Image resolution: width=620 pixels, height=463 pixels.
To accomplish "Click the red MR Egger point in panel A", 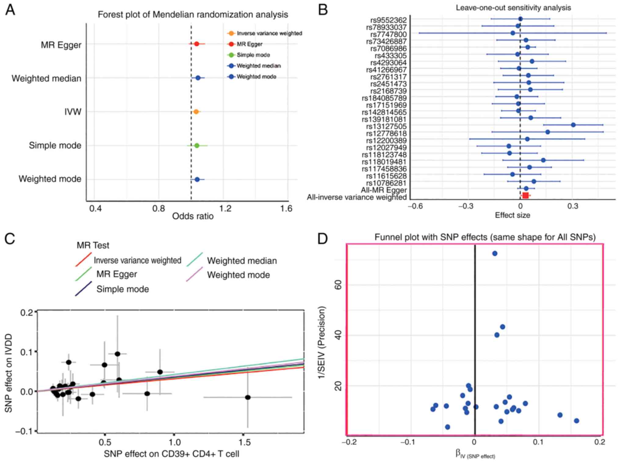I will pyautogui.click(x=196, y=44).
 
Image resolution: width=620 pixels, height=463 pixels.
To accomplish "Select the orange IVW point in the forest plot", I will pyautogui.click(x=196, y=112).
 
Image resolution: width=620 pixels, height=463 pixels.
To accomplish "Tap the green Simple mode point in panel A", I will pyautogui.click(x=196, y=145).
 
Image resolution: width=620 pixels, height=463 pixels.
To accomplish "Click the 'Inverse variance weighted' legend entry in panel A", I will pyautogui.click(x=269, y=33).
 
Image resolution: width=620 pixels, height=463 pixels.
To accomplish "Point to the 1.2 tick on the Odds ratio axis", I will pyautogui.click(x=225, y=209).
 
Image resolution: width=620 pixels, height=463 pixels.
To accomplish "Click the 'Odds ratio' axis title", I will pyautogui.click(x=193, y=216).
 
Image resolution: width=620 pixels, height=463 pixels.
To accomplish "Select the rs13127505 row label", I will pyautogui.click(x=386, y=126).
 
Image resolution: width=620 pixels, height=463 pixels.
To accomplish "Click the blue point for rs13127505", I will pyautogui.click(x=573, y=125).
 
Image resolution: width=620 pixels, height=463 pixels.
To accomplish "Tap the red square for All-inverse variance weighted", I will pyautogui.click(x=525, y=196).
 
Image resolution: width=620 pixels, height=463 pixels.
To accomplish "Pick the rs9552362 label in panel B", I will pyautogui.click(x=388, y=20).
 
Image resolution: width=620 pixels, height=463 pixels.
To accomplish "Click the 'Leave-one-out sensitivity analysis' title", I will pyautogui.click(x=513, y=8).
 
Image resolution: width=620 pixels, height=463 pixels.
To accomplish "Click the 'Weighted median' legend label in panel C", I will pyautogui.click(x=242, y=261).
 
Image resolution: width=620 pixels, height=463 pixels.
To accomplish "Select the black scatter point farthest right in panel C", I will pyautogui.click(x=248, y=397).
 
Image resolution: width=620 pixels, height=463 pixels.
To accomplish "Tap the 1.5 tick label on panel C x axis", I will pyautogui.click(x=244, y=442).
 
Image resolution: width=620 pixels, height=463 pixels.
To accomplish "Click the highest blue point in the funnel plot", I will pyautogui.click(x=495, y=253).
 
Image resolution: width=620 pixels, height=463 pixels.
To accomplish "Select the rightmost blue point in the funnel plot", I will pyautogui.click(x=576, y=421).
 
